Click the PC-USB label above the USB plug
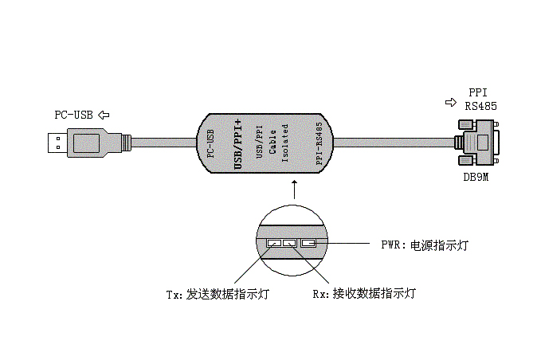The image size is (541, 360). tap(73, 115)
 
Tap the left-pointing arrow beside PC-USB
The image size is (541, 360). tap(104, 115)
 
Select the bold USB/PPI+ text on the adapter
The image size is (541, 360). tap(237, 143)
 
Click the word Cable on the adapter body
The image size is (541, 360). tap(272, 143)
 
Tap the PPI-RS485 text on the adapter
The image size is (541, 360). tap(320, 143)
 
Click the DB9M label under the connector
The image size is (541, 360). tap(476, 178)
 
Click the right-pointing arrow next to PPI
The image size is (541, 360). tap(451, 103)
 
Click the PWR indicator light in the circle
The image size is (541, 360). tap(308, 243)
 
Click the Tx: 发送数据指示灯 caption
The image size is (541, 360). tap(217, 295)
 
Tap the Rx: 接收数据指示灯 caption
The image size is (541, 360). tap(364, 295)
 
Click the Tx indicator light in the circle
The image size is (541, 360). tap(274, 243)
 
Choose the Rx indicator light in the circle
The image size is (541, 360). tap(288, 243)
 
